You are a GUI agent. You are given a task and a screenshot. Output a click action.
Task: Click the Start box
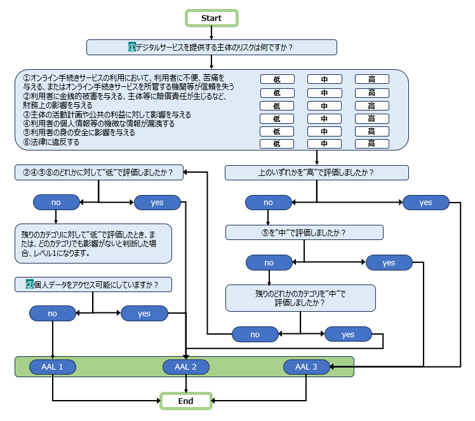click(211, 18)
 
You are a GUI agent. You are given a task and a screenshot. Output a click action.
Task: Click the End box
click(185, 401)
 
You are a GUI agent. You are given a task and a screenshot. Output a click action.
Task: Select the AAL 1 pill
click(52, 366)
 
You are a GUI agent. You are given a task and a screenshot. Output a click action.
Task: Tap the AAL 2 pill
click(185, 366)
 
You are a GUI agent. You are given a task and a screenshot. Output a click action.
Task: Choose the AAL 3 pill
click(306, 366)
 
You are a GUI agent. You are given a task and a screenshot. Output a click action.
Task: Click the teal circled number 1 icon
click(132, 47)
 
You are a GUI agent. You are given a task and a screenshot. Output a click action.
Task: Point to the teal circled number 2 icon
click(29, 284)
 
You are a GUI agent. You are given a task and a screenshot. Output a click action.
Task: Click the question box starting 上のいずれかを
click(316, 172)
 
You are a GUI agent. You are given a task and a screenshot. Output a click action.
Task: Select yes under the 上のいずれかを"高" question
click(425, 203)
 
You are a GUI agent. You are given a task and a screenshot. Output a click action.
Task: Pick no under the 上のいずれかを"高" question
click(268, 203)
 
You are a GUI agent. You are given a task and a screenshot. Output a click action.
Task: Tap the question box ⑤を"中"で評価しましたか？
click(304, 232)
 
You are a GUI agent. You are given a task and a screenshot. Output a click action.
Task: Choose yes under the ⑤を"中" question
click(389, 262)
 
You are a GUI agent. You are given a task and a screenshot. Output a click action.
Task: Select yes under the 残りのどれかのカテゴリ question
click(348, 334)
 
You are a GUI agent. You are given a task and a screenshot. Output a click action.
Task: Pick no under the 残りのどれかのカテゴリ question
click(255, 334)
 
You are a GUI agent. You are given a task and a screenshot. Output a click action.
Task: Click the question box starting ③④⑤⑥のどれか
click(98, 172)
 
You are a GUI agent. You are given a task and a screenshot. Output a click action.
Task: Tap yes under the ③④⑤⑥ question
click(157, 203)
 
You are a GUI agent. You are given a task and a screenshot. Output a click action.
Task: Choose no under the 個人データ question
click(52, 313)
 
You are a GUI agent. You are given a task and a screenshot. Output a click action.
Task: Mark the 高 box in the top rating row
click(371, 79)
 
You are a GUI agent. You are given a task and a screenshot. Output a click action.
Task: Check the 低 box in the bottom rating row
click(278, 144)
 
